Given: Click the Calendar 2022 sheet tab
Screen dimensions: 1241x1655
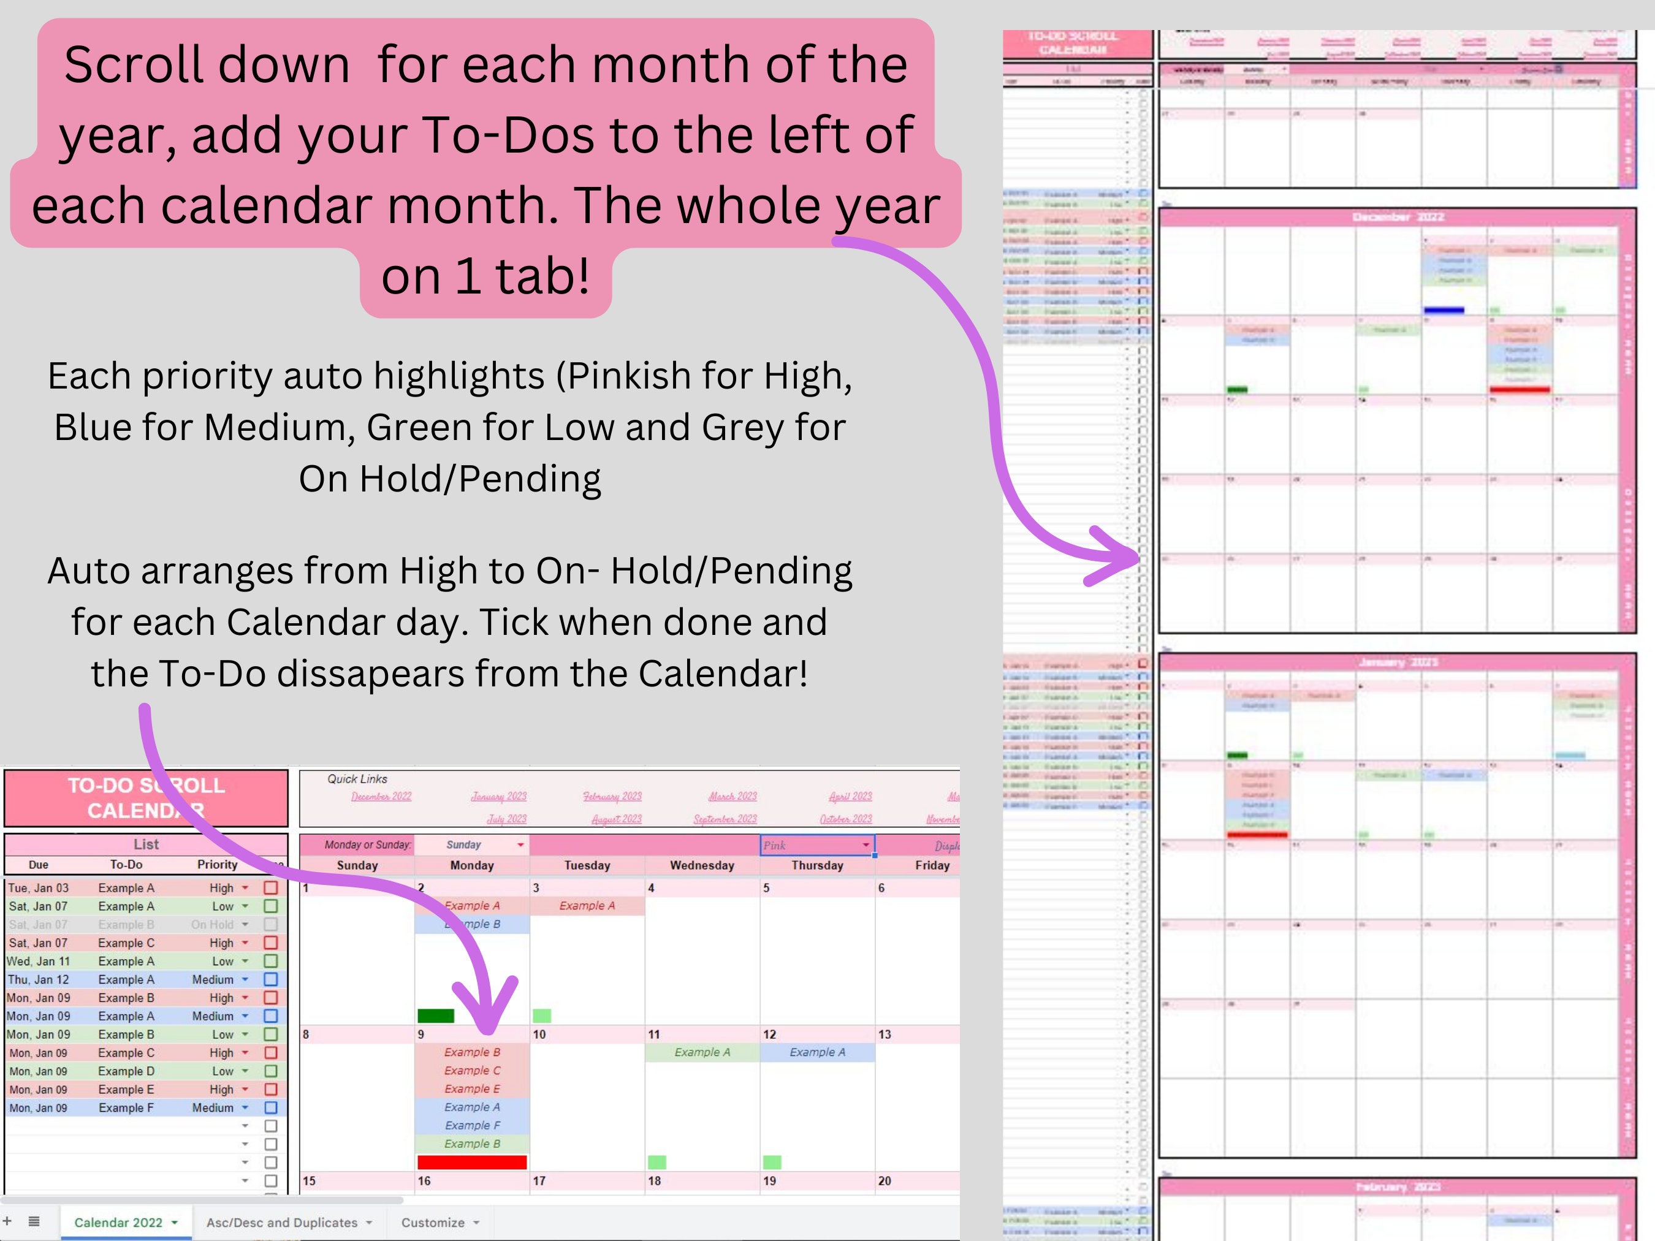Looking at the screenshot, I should [x=118, y=1222].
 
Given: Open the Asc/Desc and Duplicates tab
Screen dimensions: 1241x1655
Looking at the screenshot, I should [x=282, y=1222].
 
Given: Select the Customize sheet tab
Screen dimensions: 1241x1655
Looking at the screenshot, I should [x=433, y=1222].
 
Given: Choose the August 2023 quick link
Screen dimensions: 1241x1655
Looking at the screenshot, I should [x=617, y=819].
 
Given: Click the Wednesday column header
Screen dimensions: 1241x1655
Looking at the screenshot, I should [x=702, y=865].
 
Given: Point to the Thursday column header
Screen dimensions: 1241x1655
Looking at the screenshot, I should [x=817, y=865].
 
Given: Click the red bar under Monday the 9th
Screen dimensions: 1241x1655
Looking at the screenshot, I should [x=472, y=1162].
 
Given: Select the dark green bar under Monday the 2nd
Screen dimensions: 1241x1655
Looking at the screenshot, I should [x=435, y=1015].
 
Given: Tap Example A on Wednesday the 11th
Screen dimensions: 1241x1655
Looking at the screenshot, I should [x=702, y=1052].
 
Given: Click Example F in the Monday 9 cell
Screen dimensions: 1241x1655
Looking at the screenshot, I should [x=472, y=1125].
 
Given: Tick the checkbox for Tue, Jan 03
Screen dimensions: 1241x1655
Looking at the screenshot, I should [x=271, y=888].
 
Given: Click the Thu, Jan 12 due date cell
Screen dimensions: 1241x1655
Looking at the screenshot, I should [x=38, y=979].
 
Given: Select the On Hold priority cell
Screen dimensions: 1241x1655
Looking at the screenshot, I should [x=213, y=925].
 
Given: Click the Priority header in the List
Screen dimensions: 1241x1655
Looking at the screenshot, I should [x=217, y=864].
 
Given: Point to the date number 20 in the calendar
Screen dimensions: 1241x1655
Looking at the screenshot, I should [x=885, y=1180].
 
